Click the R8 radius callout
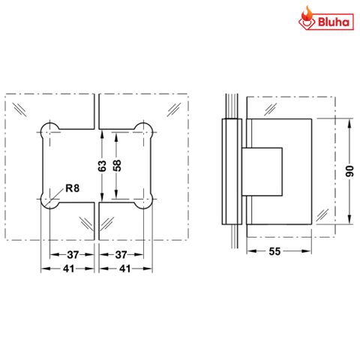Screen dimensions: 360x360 [x=72, y=188]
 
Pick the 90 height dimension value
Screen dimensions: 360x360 [x=348, y=172]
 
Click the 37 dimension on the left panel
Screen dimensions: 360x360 [x=72, y=254]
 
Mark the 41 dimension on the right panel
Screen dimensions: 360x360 [x=124, y=268]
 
